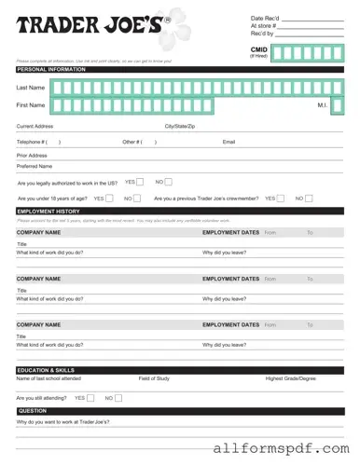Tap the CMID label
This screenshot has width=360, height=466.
coord(258,48)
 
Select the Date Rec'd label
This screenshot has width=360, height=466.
coord(265,19)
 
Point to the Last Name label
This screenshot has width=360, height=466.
coord(30,87)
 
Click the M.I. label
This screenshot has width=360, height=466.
coord(322,105)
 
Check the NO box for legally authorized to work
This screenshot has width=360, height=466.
coord(169,182)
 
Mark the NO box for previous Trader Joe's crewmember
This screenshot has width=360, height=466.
coord(310,198)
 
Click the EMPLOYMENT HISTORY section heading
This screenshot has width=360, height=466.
coord(48,212)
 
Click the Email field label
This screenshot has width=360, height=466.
coord(228,142)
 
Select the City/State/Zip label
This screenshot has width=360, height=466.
coord(180,126)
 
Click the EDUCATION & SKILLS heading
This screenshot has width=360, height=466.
coord(46,370)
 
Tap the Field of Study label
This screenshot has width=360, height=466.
coord(154,378)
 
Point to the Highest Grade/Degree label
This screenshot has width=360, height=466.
coord(291,378)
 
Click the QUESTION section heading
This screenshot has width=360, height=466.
coord(33,411)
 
